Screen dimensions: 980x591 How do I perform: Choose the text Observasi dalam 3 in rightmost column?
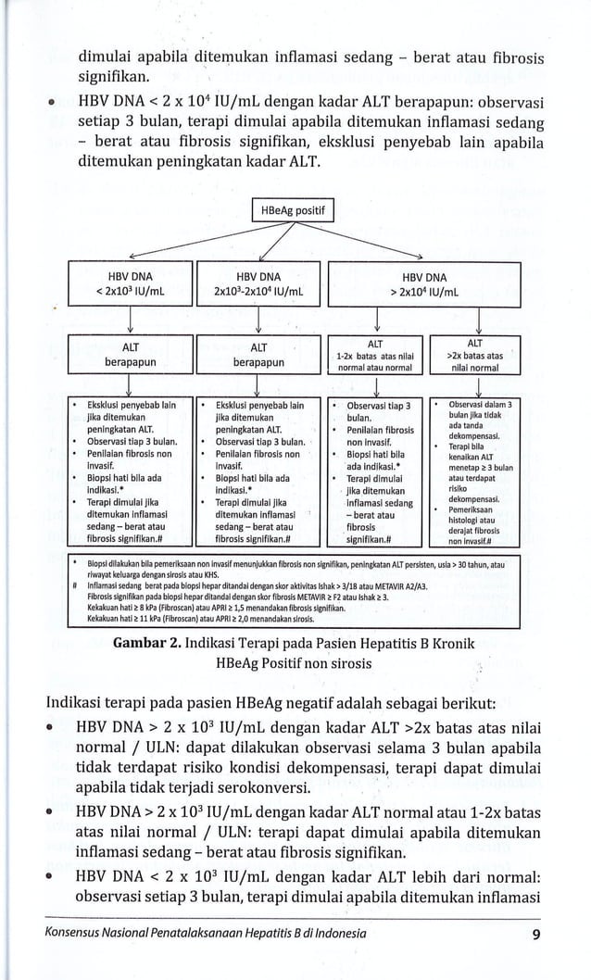point(481,405)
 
